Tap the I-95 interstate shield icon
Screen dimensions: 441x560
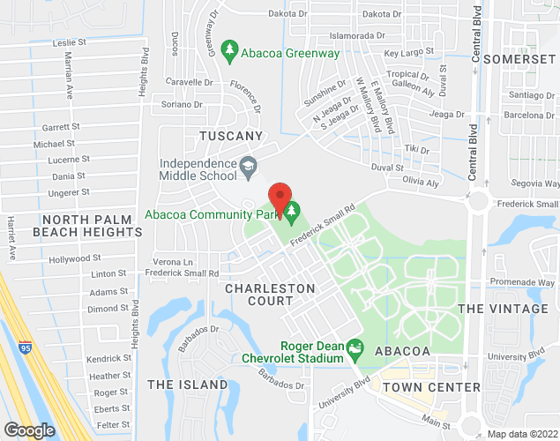tap(26, 348)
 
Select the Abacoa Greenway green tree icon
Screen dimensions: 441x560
tap(230, 52)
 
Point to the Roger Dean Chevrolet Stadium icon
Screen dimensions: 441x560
tap(355, 350)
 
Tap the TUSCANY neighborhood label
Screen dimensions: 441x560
tap(231, 136)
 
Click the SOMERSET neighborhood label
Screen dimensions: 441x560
tap(529, 57)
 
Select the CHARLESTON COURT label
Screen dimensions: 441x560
tap(270, 295)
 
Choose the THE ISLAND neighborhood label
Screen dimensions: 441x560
tap(187, 385)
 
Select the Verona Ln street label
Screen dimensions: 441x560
tap(173, 262)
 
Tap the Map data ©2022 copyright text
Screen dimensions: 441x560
tap(523, 432)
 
